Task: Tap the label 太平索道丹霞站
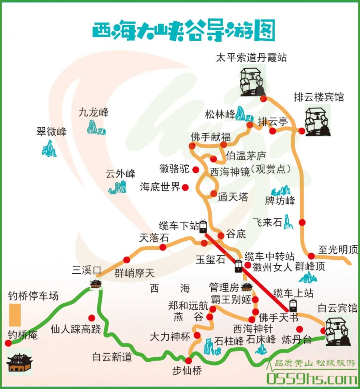(251, 58)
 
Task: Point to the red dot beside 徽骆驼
(196, 169)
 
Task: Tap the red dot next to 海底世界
(185, 187)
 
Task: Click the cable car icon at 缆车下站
(203, 227)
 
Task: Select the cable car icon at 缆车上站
(294, 305)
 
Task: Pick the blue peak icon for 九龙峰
(96, 127)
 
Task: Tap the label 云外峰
(120, 174)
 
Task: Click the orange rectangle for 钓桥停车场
(15, 315)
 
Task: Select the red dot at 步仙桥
(189, 361)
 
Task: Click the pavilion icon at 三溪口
(96, 284)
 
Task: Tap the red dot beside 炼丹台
(300, 329)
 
